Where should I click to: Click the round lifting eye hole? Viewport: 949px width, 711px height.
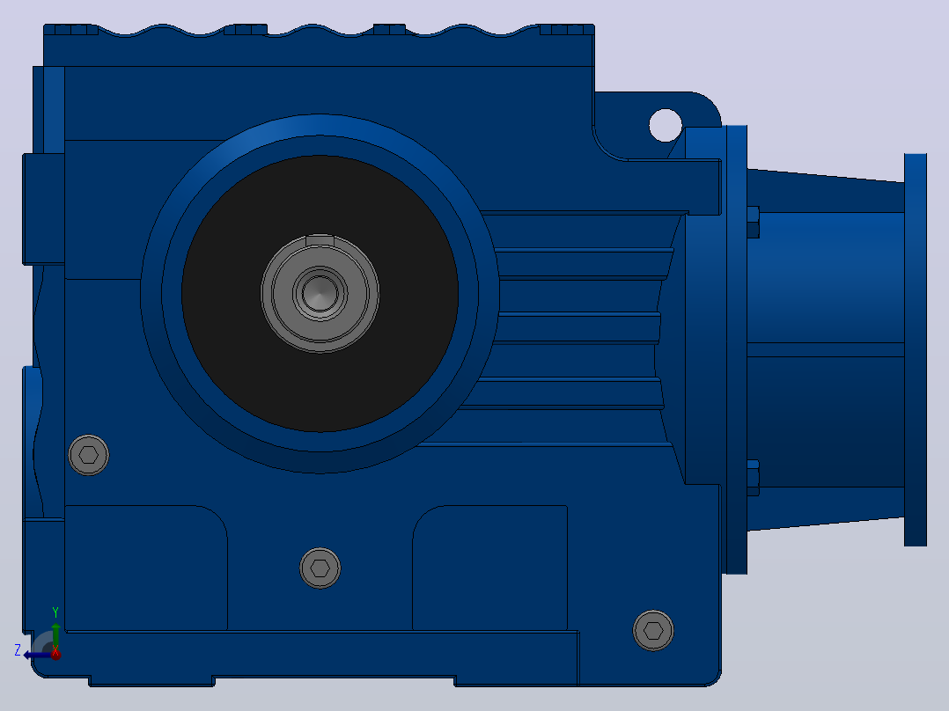[666, 125]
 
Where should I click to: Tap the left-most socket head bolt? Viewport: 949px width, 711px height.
[88, 455]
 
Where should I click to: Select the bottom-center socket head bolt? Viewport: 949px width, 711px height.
[320, 568]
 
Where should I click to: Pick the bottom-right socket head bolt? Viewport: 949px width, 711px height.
[653, 631]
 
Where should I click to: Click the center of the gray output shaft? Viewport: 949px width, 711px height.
[320, 294]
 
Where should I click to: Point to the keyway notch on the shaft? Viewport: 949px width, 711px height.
[320, 240]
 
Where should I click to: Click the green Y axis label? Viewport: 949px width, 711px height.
[55, 612]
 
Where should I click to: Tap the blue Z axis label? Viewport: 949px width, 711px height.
[18, 650]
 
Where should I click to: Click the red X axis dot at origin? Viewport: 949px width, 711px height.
[55, 654]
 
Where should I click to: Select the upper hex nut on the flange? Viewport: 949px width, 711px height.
[753, 222]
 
